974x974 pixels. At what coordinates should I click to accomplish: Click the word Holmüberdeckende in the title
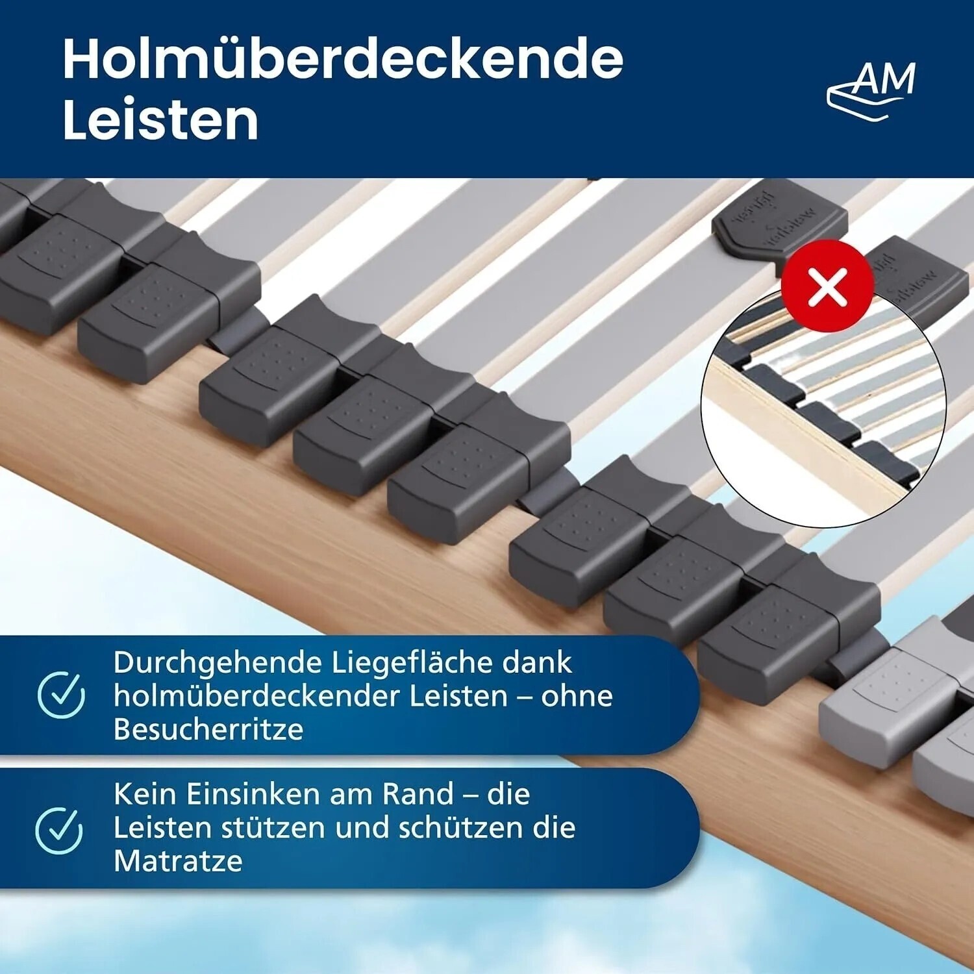coord(343,59)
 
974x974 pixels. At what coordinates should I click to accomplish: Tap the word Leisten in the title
coord(160,120)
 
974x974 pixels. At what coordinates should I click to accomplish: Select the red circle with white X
coord(828,285)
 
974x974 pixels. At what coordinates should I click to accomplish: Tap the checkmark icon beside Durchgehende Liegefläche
coord(61,695)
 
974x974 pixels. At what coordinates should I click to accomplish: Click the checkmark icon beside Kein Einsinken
coord(59,829)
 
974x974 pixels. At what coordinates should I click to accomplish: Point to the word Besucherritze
coord(208,729)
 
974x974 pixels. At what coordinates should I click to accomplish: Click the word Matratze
coord(178,861)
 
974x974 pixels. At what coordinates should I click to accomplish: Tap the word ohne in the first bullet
coord(577,695)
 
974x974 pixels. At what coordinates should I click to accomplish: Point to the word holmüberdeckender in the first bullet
coord(257,695)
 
